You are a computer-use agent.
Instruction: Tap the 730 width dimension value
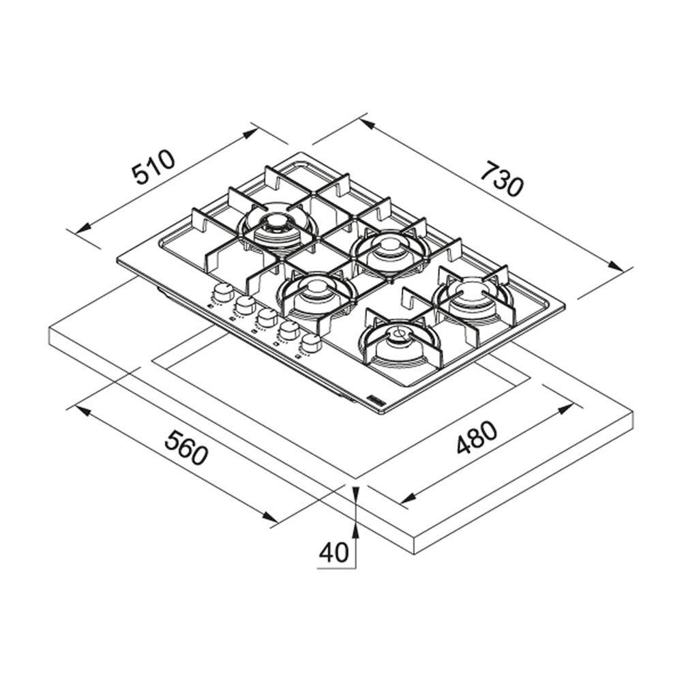[501, 178]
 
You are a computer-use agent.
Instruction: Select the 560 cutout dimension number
[187, 447]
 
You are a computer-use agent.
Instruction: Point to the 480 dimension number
[476, 436]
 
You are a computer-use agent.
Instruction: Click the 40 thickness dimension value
[334, 552]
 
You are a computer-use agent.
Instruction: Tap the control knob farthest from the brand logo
[224, 293]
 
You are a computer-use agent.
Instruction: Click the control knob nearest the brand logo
[310, 343]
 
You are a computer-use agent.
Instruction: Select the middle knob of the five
[265, 317]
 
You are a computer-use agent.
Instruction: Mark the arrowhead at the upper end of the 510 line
[250, 134]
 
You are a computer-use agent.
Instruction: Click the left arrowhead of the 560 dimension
[83, 411]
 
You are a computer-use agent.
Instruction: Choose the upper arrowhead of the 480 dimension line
[565, 409]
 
